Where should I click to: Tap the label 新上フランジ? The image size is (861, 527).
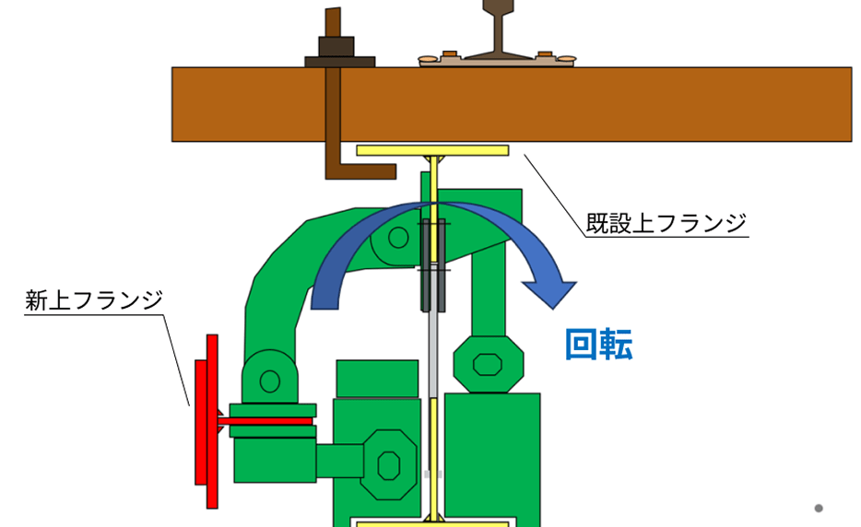93,300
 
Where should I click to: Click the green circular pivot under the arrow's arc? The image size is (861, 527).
398,238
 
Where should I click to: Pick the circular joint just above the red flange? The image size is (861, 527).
269,379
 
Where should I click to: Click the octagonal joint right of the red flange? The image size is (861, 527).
388,463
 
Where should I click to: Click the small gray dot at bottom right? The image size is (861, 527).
818,508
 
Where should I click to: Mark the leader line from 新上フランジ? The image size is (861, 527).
178,359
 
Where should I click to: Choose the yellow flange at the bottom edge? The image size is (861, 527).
431,523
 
